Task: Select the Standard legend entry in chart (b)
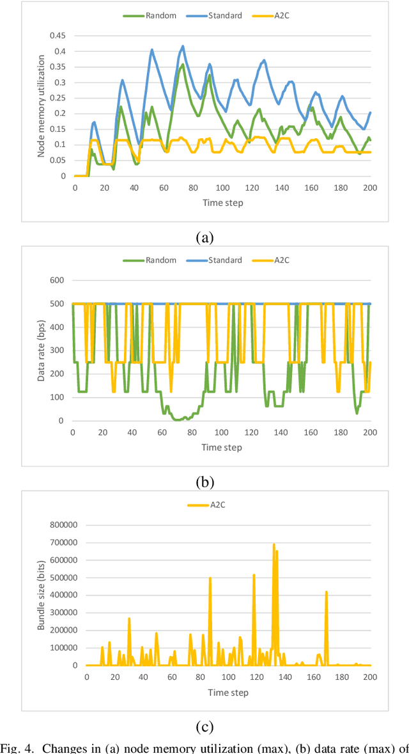[x=220, y=260]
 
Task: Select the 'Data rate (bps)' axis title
[x=42, y=350]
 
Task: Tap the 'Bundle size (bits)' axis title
[x=42, y=595]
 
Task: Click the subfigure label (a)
[x=204, y=238]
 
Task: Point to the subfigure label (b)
[x=204, y=482]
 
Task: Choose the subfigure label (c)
[x=204, y=727]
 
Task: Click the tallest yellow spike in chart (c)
[x=274, y=546]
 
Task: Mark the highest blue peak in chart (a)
[x=183, y=46]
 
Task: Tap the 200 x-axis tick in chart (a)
[x=370, y=187]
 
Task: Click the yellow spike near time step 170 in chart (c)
[x=326, y=592]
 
